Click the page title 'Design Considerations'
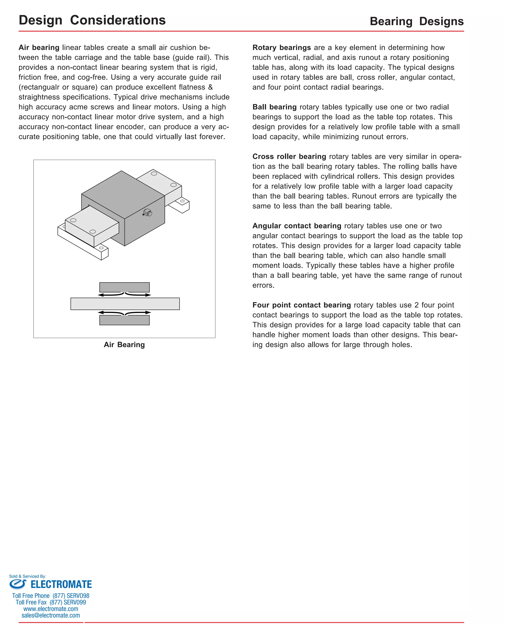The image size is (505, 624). pos(92,20)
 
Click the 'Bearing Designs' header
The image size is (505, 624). pos(416,21)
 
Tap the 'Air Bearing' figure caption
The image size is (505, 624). pos(124,345)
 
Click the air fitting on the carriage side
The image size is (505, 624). pos(147,213)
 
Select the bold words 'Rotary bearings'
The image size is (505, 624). pos(281,47)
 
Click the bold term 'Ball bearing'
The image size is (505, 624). pos(274,107)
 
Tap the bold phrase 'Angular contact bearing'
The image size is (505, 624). pos(296,225)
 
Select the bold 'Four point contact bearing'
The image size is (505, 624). pos(301,305)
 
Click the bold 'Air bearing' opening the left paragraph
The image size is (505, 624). pos(39,47)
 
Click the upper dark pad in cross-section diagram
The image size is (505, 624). pos(124,287)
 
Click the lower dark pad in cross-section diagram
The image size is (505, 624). pos(124,320)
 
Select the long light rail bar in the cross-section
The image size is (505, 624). pos(125,303)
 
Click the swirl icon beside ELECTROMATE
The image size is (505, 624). pos(18,584)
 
